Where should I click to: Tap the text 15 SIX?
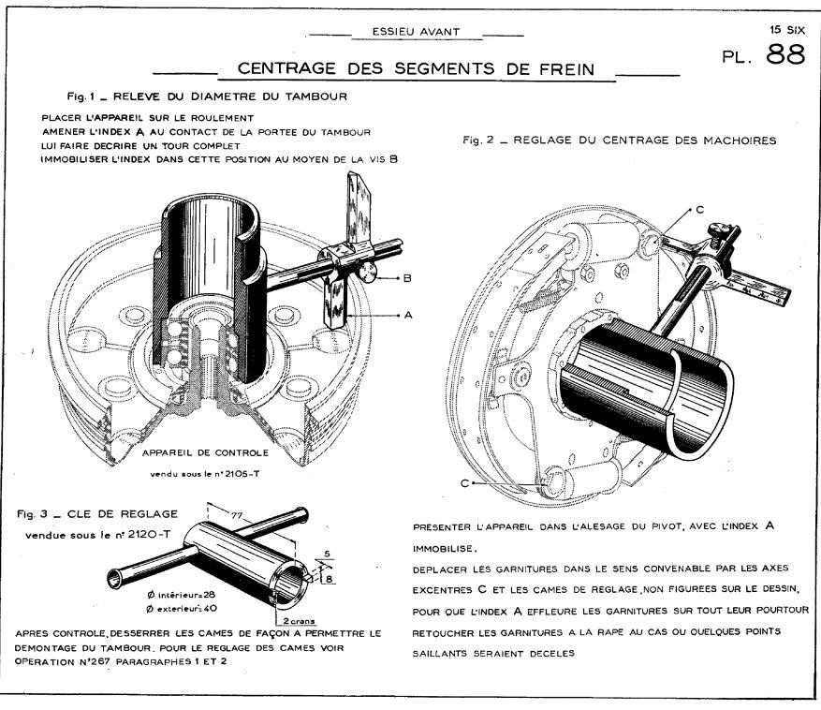[787, 30]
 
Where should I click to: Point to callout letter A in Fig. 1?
[408, 315]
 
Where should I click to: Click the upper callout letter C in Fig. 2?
[699, 211]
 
